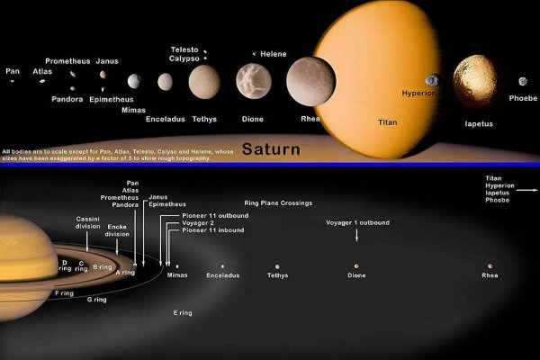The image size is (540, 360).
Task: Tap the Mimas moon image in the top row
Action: click(x=134, y=81)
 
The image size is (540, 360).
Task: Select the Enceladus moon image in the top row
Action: click(x=166, y=82)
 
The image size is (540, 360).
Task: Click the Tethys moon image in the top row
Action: click(x=204, y=82)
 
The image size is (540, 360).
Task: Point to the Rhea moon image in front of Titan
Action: click(x=316, y=79)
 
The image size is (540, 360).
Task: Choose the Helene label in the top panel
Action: click(x=274, y=54)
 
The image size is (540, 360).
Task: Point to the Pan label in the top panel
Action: click(x=13, y=70)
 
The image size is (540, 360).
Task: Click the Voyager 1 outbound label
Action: click(x=357, y=222)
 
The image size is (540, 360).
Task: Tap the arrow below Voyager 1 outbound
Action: click(x=357, y=236)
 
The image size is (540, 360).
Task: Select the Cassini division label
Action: click(x=88, y=223)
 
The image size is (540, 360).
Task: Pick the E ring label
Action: click(x=182, y=312)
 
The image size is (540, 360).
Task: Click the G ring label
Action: click(x=96, y=300)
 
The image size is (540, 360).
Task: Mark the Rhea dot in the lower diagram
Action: click(x=490, y=266)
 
